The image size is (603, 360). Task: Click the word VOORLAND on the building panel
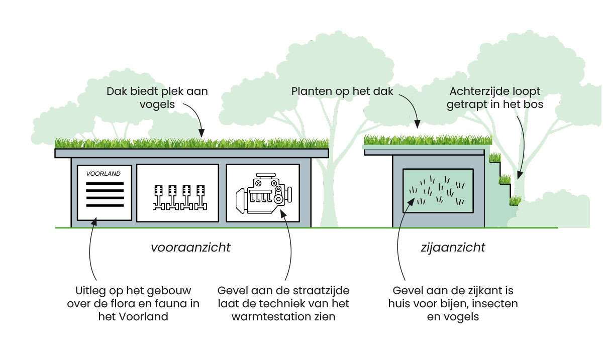point(104,174)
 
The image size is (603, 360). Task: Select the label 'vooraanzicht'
point(190,248)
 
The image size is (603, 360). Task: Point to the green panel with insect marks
point(438,190)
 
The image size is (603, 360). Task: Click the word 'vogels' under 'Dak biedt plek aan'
point(157,105)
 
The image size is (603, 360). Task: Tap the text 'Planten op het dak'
point(342,91)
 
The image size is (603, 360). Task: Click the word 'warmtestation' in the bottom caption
point(259,317)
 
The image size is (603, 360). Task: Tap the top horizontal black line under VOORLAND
point(105,184)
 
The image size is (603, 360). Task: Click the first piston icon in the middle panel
point(157,197)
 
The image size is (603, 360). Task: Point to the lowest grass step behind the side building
point(515,201)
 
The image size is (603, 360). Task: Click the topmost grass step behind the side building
point(495,157)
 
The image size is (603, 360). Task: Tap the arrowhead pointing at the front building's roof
point(202,134)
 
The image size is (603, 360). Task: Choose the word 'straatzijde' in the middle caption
point(324,291)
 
